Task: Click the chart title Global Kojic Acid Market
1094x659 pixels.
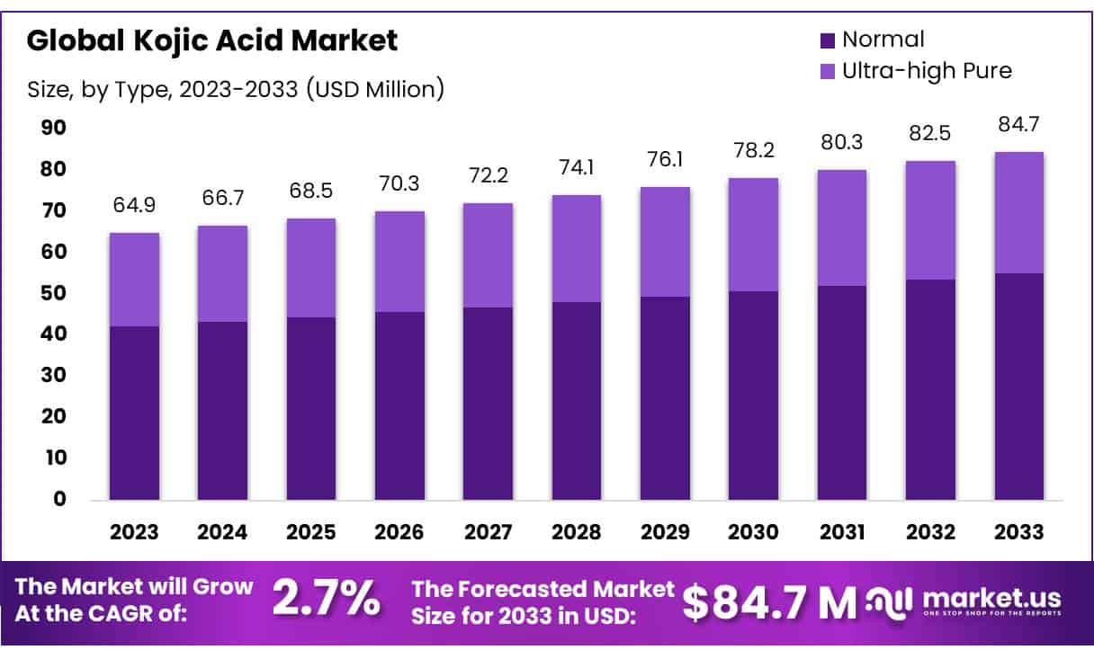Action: pos(211,40)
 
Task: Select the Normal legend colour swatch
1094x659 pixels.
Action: pos(828,40)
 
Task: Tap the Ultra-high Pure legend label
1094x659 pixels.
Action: pos(927,70)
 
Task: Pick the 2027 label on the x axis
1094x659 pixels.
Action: pos(488,531)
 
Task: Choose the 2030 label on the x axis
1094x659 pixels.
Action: pos(754,531)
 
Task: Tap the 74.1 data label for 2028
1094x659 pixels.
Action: pos(577,166)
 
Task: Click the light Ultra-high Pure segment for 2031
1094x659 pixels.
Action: pos(842,227)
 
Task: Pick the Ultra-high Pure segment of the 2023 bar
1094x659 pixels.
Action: pos(134,280)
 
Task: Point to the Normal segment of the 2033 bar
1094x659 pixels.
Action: pos(1018,387)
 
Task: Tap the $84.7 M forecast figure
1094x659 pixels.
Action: pos(769,602)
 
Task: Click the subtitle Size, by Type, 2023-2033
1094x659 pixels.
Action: pos(236,89)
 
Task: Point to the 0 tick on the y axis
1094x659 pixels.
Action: pos(59,500)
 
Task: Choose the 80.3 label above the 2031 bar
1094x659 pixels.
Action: pos(842,141)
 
